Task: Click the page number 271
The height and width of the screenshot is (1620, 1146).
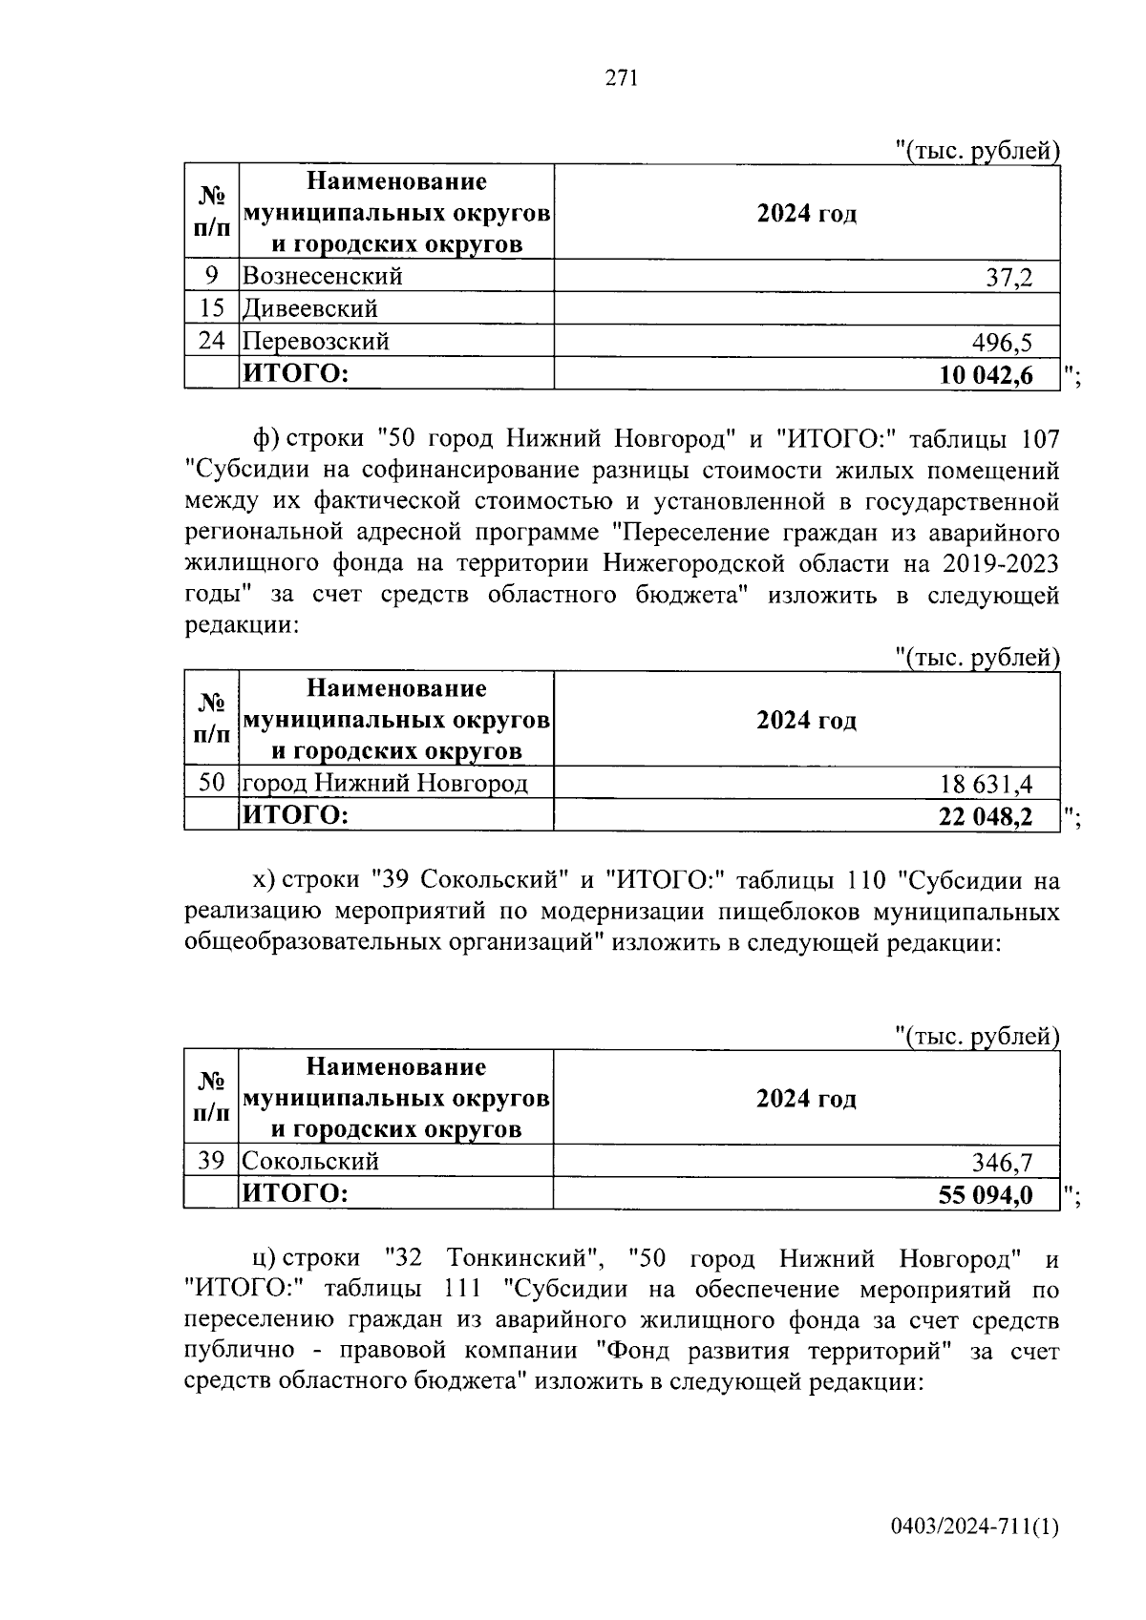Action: (x=621, y=78)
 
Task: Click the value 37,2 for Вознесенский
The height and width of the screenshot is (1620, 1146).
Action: (x=1008, y=278)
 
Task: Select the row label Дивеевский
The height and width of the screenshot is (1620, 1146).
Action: (x=310, y=308)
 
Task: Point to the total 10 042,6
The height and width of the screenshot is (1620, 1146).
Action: (x=986, y=375)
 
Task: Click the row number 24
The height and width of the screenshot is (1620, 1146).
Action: (x=211, y=341)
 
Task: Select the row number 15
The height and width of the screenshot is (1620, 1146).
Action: (x=211, y=308)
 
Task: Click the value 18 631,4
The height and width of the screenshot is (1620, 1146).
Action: (x=987, y=785)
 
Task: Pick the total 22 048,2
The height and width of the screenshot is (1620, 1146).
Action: (x=986, y=817)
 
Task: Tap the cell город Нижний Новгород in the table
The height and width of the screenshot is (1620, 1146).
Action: (x=385, y=784)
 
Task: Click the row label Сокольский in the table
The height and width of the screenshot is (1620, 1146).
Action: (x=310, y=1161)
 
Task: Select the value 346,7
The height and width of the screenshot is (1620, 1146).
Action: (x=1002, y=1162)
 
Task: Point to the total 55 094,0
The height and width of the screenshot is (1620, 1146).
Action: (x=986, y=1194)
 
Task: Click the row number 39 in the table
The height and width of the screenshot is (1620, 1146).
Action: (x=211, y=1161)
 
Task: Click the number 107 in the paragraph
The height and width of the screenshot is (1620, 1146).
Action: (x=1039, y=439)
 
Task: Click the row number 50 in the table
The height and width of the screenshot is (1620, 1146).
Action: (x=211, y=784)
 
